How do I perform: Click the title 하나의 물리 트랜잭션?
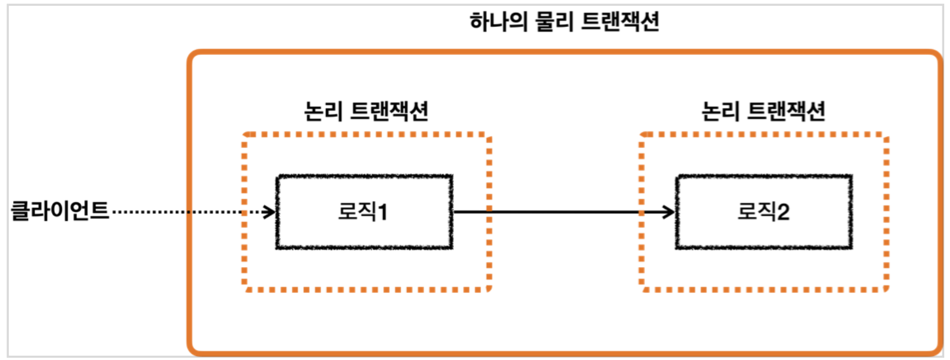coord(564,22)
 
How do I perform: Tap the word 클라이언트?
coord(60,211)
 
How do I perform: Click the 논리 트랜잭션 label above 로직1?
coord(366,111)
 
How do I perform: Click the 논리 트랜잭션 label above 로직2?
coord(763,111)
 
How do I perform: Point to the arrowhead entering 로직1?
coord(269,212)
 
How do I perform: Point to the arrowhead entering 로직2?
coord(669,212)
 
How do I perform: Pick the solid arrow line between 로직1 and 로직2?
coord(561,212)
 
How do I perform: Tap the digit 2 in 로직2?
coord(783,212)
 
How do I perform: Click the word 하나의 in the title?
coord(498,22)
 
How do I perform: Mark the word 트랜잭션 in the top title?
coord(620,22)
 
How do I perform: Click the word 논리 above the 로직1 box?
coord(322,111)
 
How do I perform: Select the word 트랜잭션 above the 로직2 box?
coord(786,111)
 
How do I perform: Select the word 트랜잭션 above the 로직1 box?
coord(390,111)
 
